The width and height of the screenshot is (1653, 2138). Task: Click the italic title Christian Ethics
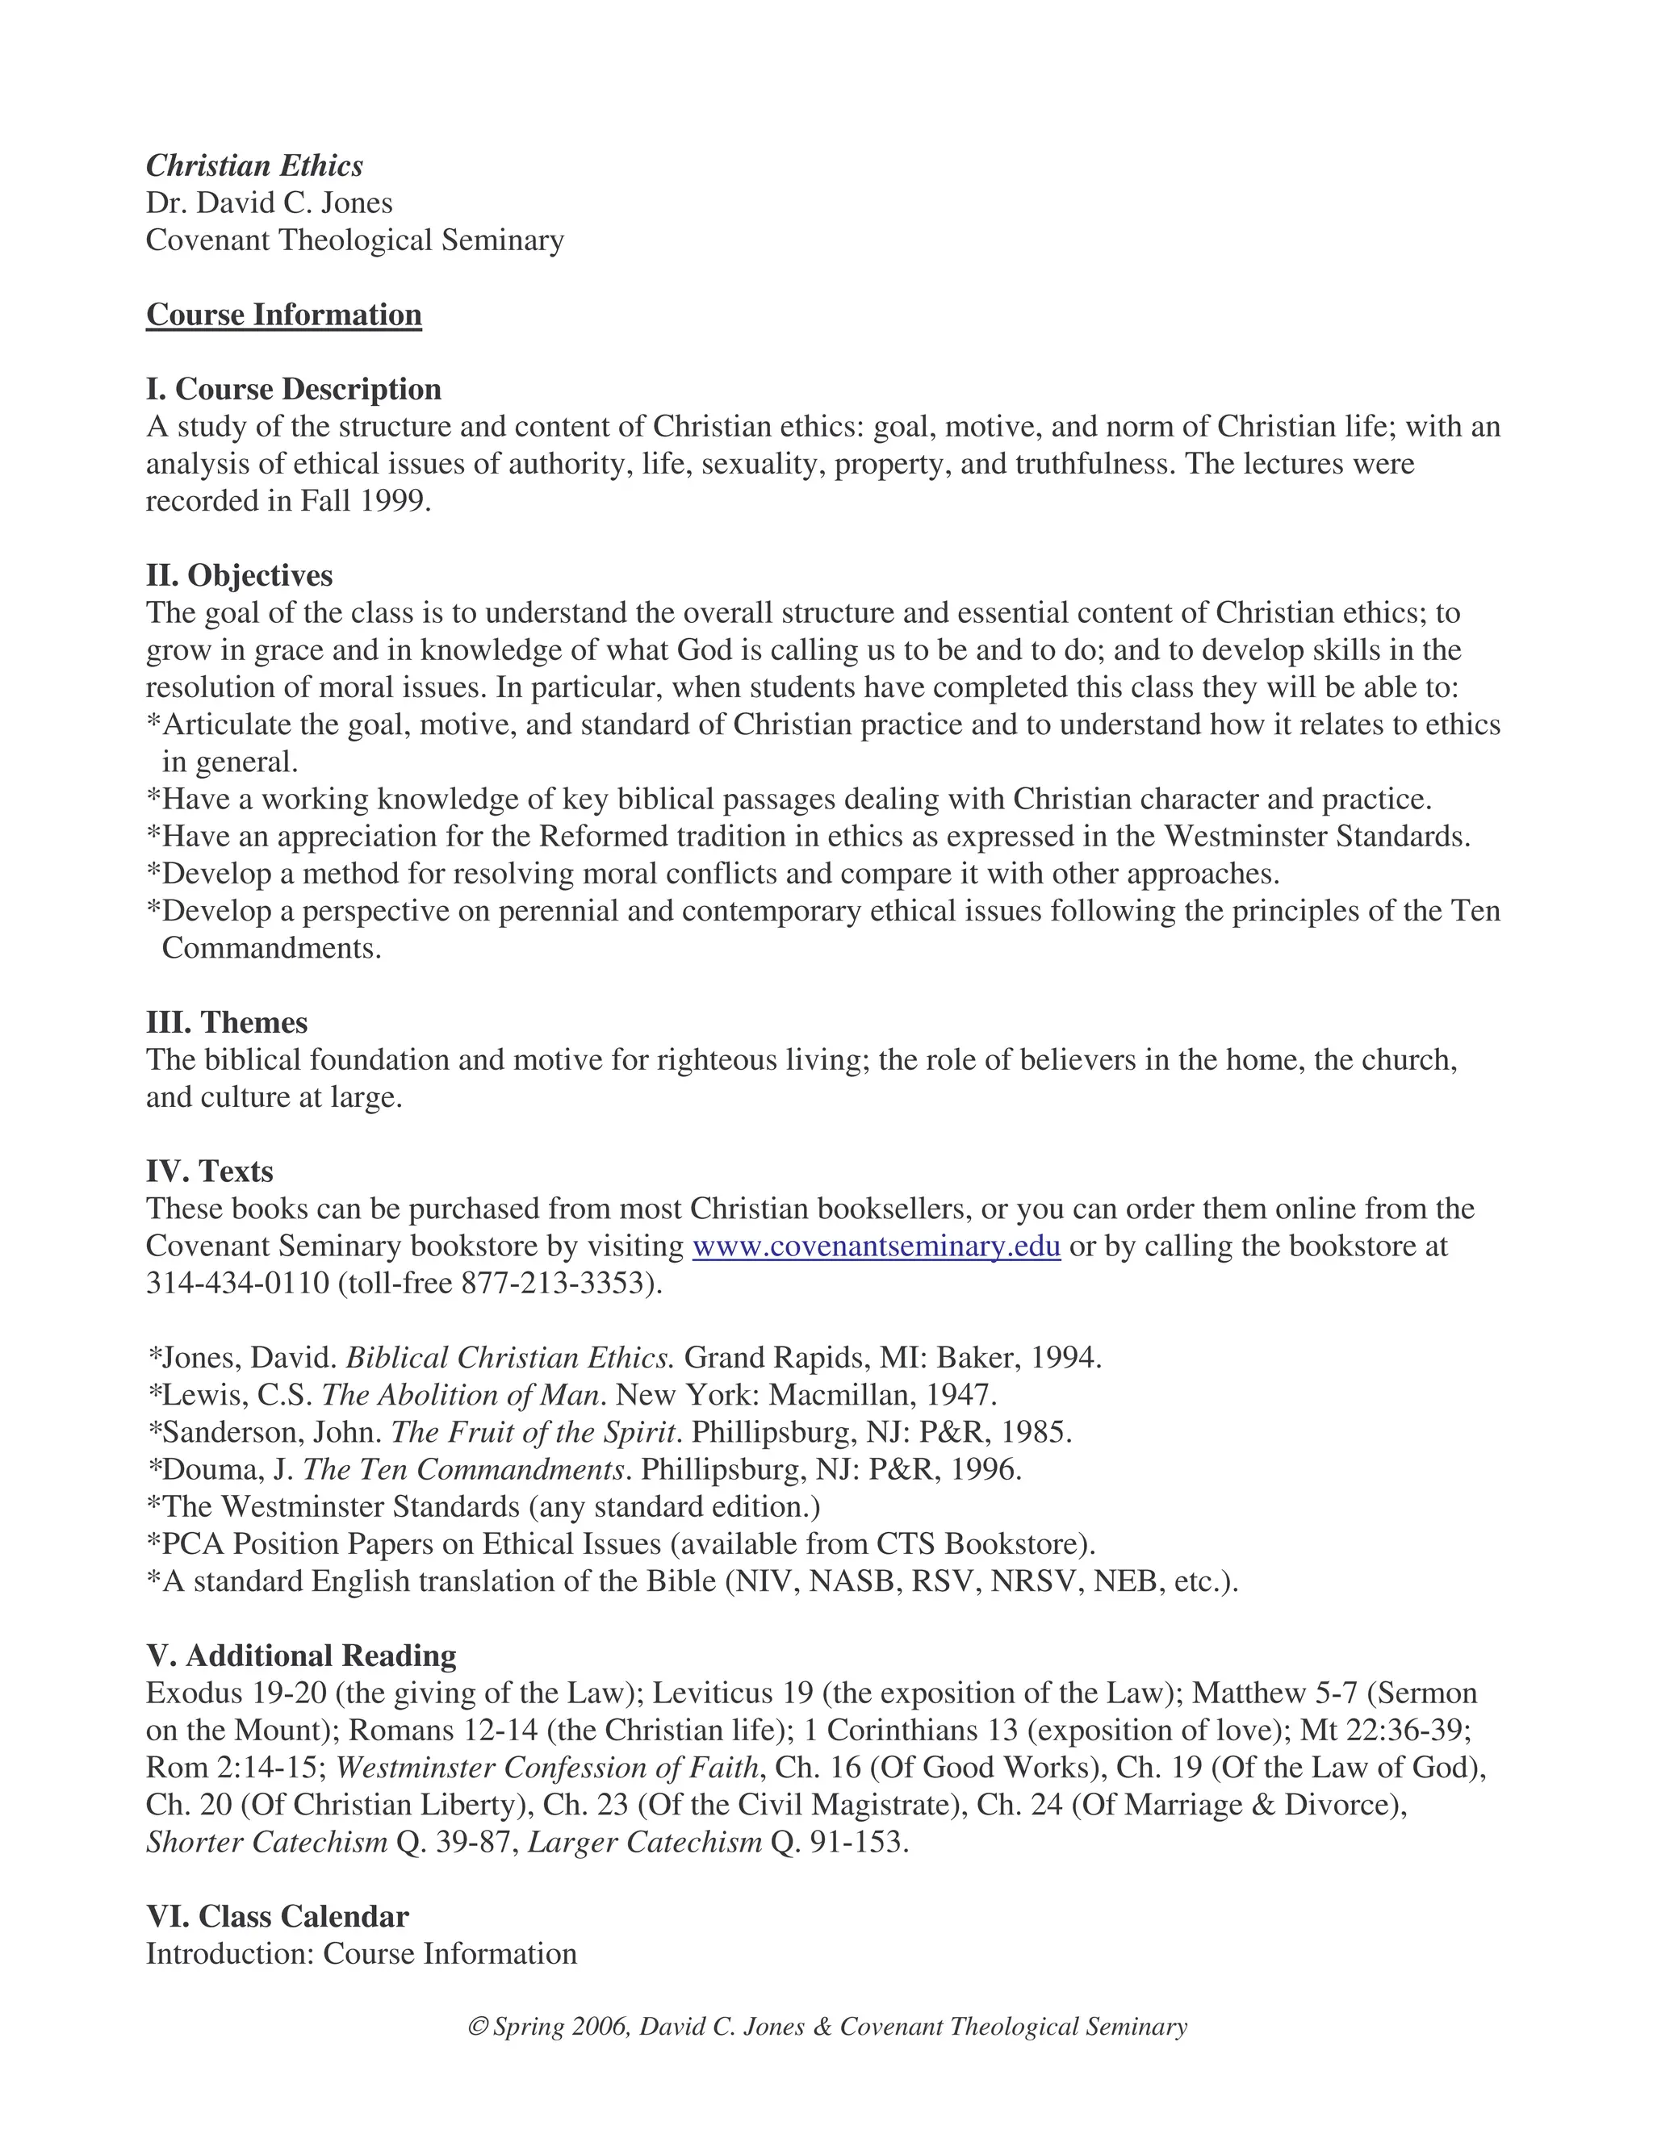coord(254,165)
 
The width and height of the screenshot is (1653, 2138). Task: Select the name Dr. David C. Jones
coord(270,203)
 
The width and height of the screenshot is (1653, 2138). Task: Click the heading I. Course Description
coord(294,389)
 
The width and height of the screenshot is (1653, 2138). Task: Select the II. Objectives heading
coord(240,574)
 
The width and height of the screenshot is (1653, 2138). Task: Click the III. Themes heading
coord(227,1022)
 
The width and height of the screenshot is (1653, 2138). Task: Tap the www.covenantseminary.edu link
coord(877,1246)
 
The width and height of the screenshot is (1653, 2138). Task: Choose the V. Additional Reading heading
coord(302,1656)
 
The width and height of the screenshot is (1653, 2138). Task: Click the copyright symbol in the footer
coord(478,2027)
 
